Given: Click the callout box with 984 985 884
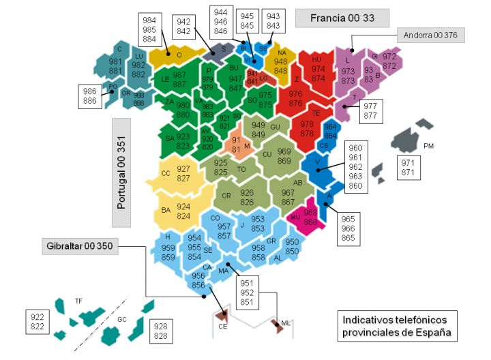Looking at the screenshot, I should click(x=149, y=29).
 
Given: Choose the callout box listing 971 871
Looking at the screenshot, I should click(x=407, y=168).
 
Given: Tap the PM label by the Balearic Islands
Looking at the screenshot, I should click(x=428, y=145).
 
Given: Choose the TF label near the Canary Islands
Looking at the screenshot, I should click(x=78, y=300).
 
